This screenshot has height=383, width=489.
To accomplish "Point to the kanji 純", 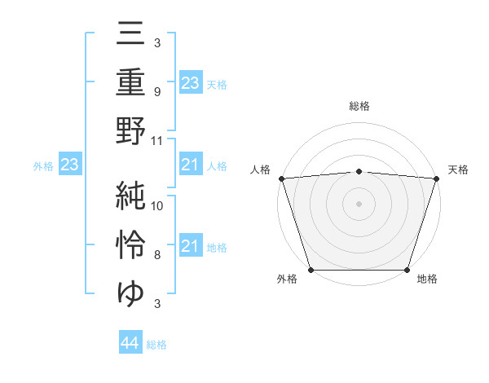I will [x=130, y=196].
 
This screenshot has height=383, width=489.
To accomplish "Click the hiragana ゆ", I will [x=130, y=292].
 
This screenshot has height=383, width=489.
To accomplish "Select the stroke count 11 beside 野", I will [x=158, y=141].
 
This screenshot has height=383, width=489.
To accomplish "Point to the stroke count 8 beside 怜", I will [x=156, y=255].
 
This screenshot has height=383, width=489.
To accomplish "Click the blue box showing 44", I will [x=130, y=343].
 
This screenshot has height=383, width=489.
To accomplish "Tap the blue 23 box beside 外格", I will [x=69, y=165].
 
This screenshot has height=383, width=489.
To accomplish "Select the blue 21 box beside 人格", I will [x=190, y=165].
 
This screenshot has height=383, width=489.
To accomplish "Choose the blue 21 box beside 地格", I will [x=190, y=246].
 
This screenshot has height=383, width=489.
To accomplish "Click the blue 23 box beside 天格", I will [x=190, y=82].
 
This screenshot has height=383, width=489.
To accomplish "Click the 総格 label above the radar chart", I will [x=359, y=107].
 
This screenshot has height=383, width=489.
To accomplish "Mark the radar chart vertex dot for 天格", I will [x=436, y=178].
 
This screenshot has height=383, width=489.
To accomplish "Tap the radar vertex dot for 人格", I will [x=281, y=178].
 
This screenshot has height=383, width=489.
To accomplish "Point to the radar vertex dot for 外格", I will [x=311, y=269].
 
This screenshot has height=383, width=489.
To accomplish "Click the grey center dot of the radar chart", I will [x=359, y=203].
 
